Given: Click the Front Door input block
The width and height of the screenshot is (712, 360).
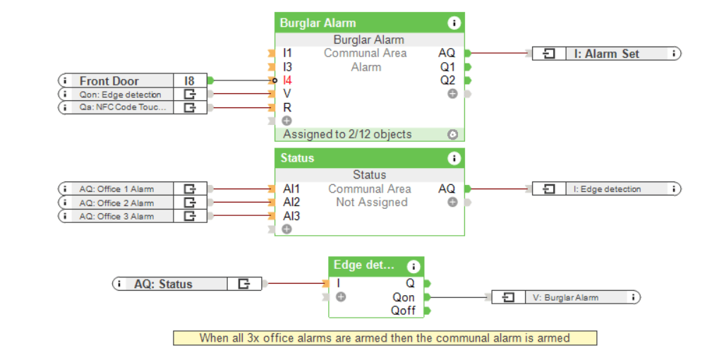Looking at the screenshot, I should tap(116, 81).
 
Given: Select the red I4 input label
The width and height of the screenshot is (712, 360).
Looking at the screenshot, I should tap(287, 80).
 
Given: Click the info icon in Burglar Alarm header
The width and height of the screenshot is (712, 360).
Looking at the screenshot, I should tap(454, 23).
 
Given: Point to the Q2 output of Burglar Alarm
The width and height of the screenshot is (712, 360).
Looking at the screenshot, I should tap(448, 80).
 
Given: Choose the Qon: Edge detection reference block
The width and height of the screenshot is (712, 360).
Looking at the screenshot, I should tap(120, 95).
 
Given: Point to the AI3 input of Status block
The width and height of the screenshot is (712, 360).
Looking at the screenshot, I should tap(291, 216).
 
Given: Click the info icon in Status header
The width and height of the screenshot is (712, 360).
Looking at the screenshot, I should tap(454, 158).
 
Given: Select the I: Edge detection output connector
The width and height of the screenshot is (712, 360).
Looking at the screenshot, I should tap(607, 189).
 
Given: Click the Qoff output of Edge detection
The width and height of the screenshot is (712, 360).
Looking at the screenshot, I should tap(404, 311).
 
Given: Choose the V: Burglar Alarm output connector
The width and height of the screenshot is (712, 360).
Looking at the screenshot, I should tap(565, 297).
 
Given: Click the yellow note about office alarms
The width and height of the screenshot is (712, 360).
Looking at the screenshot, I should tap(385, 338).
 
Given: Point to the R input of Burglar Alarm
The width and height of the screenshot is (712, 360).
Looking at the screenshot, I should tap(287, 108).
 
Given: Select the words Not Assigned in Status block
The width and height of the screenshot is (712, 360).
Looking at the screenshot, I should tap(371, 203).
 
